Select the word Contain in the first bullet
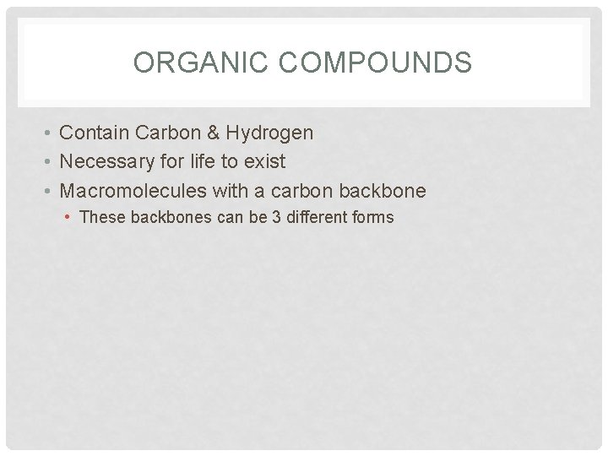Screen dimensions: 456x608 point(92,133)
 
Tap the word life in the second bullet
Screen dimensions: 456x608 point(196,161)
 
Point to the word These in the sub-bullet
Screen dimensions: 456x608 point(100,217)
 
